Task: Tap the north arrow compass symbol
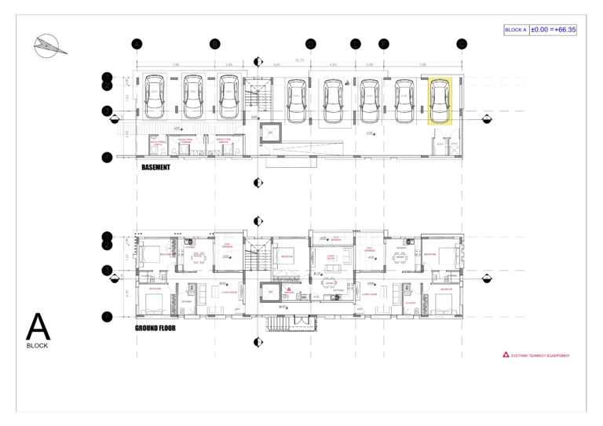click(x=48, y=46)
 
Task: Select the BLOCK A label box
click(x=516, y=30)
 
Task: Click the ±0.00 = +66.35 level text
click(x=553, y=30)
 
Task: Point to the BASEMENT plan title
click(x=155, y=167)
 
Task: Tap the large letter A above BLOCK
click(x=38, y=326)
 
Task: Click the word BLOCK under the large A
click(x=38, y=345)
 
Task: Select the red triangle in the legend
click(x=506, y=355)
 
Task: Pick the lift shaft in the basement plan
click(x=270, y=133)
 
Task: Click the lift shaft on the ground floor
click(x=270, y=292)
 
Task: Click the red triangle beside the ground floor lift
click(x=289, y=289)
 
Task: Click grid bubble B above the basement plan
click(x=214, y=44)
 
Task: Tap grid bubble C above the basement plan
click(x=311, y=44)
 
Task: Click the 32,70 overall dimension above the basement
click(x=299, y=59)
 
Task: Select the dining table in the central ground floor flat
click(x=331, y=269)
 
